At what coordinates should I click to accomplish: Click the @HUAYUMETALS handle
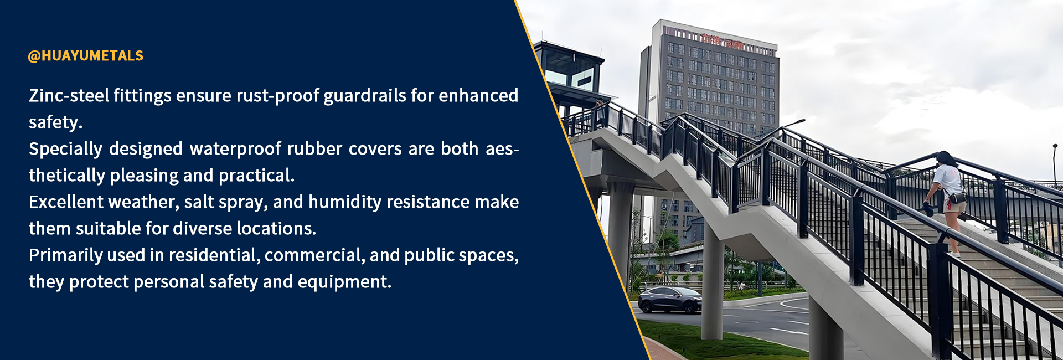click(x=86, y=55)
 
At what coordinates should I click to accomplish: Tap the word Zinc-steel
click(x=69, y=95)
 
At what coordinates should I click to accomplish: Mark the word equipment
click(x=344, y=282)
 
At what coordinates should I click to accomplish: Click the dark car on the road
click(x=670, y=300)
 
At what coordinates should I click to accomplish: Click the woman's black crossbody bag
click(x=957, y=197)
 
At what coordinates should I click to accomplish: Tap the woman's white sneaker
click(x=953, y=254)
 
